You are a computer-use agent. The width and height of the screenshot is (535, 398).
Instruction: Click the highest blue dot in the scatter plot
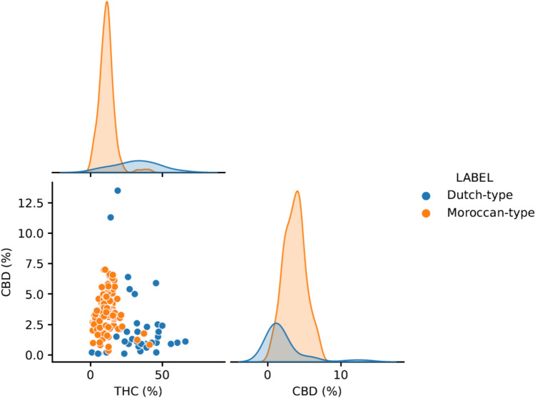point(118,190)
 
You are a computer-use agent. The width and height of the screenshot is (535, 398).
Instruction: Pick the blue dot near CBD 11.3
point(111,218)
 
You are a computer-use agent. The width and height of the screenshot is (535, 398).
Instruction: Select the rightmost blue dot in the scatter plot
point(185,342)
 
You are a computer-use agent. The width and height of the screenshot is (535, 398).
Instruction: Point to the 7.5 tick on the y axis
point(35,264)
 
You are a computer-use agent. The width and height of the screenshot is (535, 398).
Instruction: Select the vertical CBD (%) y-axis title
point(9,272)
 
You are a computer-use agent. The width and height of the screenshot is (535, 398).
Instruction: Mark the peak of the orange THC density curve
point(106,2)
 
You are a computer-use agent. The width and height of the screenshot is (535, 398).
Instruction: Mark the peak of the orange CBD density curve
point(297,191)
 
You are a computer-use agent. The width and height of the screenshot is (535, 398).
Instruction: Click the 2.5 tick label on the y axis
point(35,325)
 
